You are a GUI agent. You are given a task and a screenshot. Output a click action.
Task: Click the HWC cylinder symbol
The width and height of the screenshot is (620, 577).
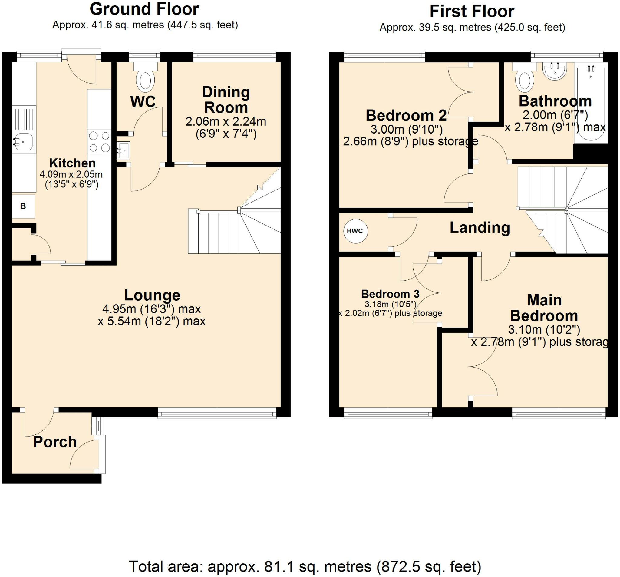coord(355,231)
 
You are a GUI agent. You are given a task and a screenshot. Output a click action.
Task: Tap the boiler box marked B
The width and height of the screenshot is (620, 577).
coord(23,206)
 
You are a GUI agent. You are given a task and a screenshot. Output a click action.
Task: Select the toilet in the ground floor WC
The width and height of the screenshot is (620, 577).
coord(145,76)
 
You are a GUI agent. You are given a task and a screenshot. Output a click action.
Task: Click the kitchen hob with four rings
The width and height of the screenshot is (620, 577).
coord(99,142)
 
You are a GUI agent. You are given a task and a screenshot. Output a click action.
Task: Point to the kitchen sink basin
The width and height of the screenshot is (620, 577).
coord(23,142)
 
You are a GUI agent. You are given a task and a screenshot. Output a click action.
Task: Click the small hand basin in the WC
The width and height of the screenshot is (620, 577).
coord(123,151)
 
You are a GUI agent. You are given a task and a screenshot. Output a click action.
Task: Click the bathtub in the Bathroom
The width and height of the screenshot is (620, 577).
coord(591,103)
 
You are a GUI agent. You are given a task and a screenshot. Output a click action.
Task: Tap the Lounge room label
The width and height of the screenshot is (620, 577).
coord(152,295)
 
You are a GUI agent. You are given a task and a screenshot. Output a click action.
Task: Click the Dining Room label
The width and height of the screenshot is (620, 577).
coord(226,100)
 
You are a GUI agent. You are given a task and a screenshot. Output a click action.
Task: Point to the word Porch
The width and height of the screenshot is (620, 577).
coord(55,442)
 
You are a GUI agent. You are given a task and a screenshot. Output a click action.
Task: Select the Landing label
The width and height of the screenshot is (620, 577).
coord(480,228)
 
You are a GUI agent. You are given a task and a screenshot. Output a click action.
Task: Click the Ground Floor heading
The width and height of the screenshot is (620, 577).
coord(144,9)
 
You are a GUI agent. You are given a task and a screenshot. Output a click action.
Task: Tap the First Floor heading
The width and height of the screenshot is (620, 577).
coord(472,12)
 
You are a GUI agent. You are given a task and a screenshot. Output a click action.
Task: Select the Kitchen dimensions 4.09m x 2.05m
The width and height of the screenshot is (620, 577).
coord(71,174)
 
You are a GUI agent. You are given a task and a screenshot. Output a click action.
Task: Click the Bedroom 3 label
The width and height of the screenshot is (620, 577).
coord(390,294)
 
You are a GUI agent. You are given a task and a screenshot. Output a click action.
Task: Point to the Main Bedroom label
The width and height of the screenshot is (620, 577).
coord(544,308)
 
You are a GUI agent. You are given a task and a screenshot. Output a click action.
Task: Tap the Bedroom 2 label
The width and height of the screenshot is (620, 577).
coord(406,115)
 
